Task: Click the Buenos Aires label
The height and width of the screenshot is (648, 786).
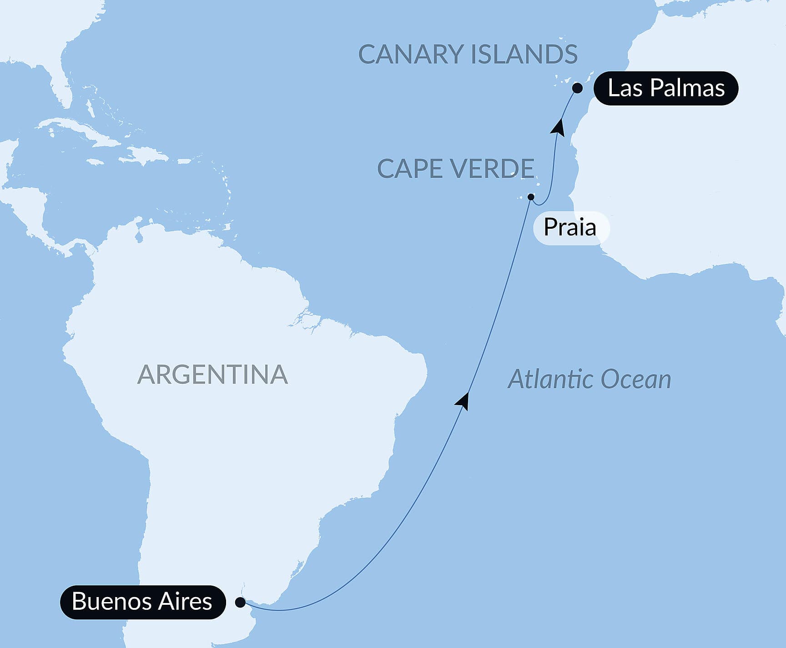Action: click(142, 602)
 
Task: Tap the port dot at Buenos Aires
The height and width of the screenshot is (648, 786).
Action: click(240, 603)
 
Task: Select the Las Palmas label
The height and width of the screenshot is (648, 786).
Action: click(665, 88)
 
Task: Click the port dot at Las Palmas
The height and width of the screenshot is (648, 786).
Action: click(577, 88)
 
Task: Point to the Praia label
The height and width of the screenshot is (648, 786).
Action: click(570, 227)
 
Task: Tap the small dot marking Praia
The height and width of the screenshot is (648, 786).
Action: click(530, 197)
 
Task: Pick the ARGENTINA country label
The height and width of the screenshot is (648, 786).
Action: click(212, 374)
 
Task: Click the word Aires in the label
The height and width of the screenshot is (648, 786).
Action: click(185, 602)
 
